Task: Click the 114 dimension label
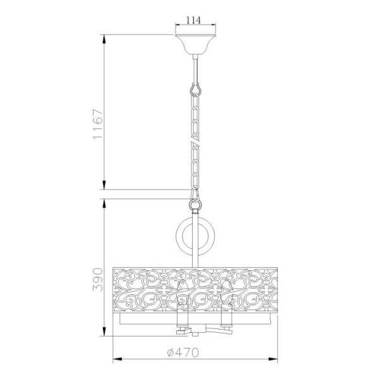(195, 20)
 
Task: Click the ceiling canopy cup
(195, 45)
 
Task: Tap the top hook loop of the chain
(195, 88)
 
